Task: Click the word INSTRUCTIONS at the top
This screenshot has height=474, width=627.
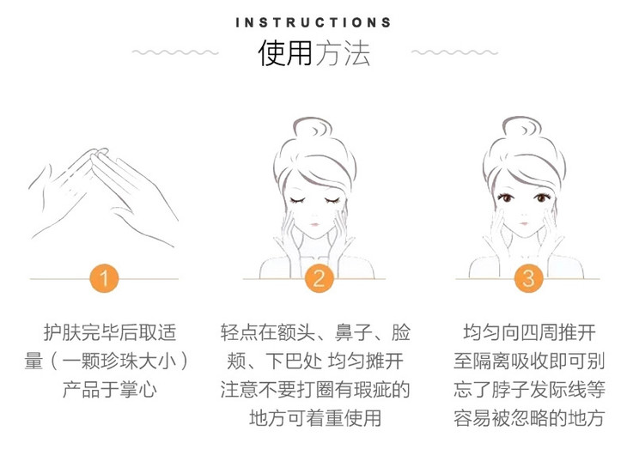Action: (313, 22)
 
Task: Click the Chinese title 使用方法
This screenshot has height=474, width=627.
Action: (314, 52)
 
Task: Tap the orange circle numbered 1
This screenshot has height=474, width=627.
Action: (104, 278)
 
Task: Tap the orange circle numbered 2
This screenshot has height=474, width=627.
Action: (319, 278)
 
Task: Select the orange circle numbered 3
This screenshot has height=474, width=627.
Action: (528, 278)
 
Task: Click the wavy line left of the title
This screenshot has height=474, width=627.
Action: (175, 52)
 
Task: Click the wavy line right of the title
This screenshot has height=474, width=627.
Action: (454, 52)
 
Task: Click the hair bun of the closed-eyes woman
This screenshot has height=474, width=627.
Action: (312, 129)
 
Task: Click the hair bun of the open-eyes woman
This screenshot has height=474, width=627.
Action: (522, 128)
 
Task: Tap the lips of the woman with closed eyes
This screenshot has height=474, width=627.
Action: (314, 224)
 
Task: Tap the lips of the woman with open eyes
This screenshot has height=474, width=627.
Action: (524, 223)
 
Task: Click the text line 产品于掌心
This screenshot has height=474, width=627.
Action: (110, 390)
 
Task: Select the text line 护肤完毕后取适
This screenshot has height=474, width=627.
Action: (110, 332)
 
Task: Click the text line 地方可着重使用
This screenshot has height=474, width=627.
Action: (315, 418)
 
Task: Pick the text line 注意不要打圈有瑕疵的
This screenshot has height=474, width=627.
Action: (315, 390)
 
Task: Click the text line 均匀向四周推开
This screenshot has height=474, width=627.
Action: (529, 332)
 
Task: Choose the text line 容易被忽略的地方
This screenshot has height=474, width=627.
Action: (529, 418)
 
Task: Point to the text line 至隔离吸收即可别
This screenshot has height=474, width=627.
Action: (529, 362)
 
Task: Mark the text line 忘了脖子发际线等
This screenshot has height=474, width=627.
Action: (529, 390)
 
